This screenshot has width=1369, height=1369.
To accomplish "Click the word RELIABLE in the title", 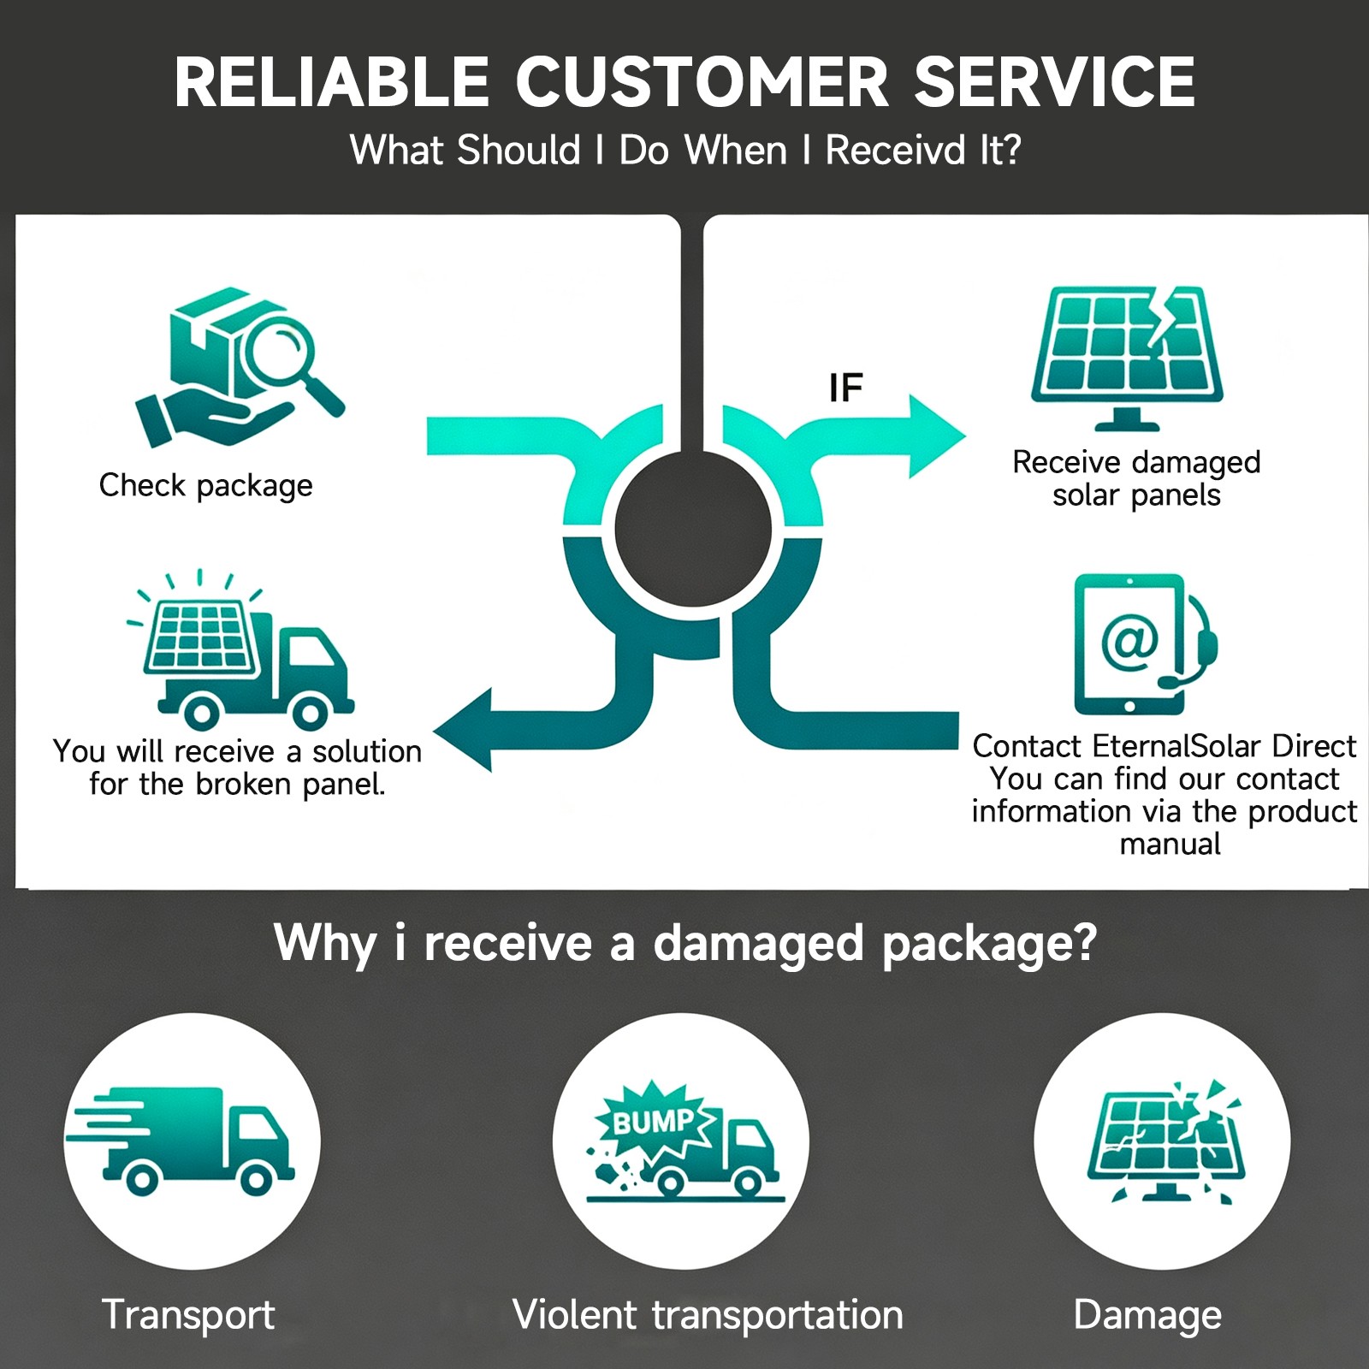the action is click(331, 82).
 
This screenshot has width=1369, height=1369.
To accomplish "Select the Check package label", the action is click(205, 485).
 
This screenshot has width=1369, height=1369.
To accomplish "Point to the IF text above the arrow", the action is click(845, 388).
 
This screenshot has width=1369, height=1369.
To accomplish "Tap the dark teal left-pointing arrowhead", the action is click(463, 730).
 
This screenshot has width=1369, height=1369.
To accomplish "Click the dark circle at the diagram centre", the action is click(693, 529).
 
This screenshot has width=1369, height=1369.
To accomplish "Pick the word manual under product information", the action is click(1170, 844).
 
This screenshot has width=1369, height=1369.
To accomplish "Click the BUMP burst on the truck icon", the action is click(655, 1120).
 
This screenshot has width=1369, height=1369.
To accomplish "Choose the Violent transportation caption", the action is click(708, 1314).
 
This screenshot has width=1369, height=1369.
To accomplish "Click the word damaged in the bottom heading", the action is click(758, 945).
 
